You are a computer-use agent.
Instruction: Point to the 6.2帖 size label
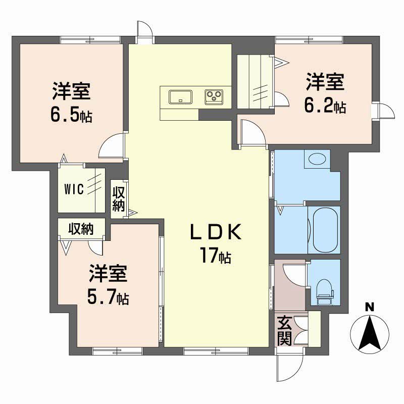pos(325,106)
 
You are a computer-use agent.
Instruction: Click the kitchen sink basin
pos(180,96)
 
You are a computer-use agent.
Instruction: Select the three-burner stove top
pos(214,96)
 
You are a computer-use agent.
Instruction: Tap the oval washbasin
pos(317,160)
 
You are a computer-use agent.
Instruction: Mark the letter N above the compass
pos(370,307)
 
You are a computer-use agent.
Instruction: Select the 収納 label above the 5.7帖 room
pos(81,229)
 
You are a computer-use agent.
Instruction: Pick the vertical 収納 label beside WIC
pos(119,198)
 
